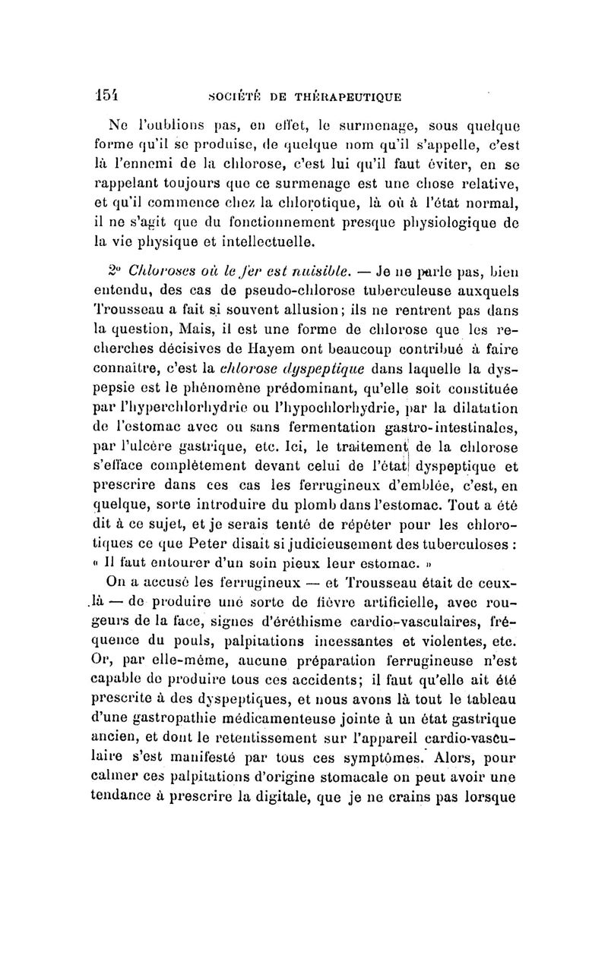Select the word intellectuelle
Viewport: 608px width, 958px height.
252,241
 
